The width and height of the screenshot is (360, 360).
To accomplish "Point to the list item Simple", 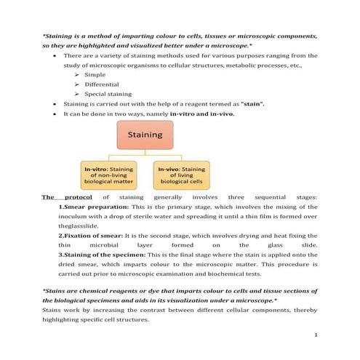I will (x=95, y=74).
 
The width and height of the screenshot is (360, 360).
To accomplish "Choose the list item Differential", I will (x=103, y=84).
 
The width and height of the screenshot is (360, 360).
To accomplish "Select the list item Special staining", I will (x=108, y=94).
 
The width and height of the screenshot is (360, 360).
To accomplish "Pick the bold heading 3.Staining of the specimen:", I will (x=100, y=255).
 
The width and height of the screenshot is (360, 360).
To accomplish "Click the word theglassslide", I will (x=76, y=226).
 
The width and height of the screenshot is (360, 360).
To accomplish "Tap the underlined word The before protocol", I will (x=48, y=196).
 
